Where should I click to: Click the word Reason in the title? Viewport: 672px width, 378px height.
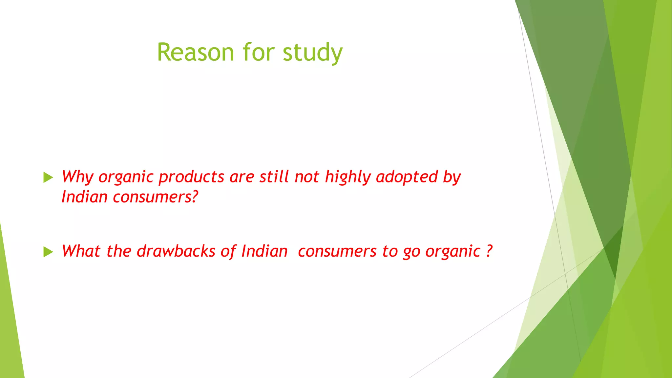195,52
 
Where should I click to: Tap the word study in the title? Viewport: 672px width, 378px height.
312,53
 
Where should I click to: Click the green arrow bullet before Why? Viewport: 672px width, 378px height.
48,178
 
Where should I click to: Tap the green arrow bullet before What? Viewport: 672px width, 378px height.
48,252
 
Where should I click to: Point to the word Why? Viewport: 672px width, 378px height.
77,177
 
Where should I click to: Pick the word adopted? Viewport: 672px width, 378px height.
407,177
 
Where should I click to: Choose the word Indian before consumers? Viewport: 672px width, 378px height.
85,197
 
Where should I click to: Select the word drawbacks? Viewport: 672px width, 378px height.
176,251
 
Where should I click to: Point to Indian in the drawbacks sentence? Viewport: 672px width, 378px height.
264,251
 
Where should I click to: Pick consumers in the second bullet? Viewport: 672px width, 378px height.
337,252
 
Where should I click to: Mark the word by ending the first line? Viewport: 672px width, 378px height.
452,177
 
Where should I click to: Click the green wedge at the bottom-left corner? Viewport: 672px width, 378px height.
10,328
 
